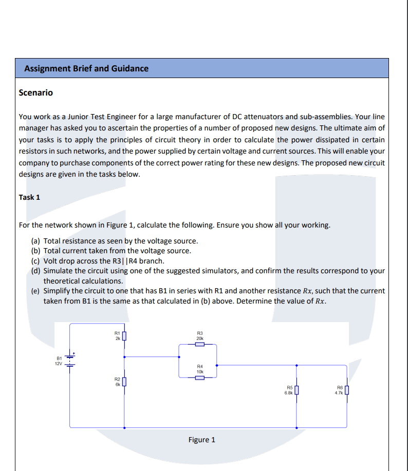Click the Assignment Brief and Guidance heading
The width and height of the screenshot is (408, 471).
86,68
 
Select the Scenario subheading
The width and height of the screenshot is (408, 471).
35,93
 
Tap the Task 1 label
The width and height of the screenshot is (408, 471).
29,197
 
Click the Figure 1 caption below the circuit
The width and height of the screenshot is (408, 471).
202,440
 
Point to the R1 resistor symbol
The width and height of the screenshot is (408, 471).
124,337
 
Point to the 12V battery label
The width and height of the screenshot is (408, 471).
59,364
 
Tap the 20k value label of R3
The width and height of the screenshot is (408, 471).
200,338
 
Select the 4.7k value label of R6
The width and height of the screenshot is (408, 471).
339,393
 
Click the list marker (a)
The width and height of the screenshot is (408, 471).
36,241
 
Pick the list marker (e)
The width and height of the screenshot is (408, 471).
36,291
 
